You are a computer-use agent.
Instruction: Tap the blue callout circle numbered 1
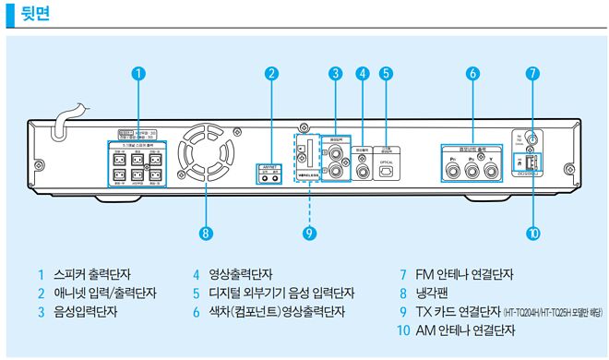coord(137,72)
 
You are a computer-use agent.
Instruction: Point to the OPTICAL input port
coord(388,170)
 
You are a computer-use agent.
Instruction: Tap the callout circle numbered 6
coord(472,72)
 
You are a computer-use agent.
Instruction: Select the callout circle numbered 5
coord(387,72)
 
